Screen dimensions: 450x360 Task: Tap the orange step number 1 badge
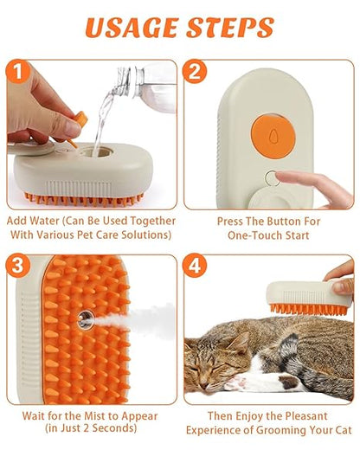19,72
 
